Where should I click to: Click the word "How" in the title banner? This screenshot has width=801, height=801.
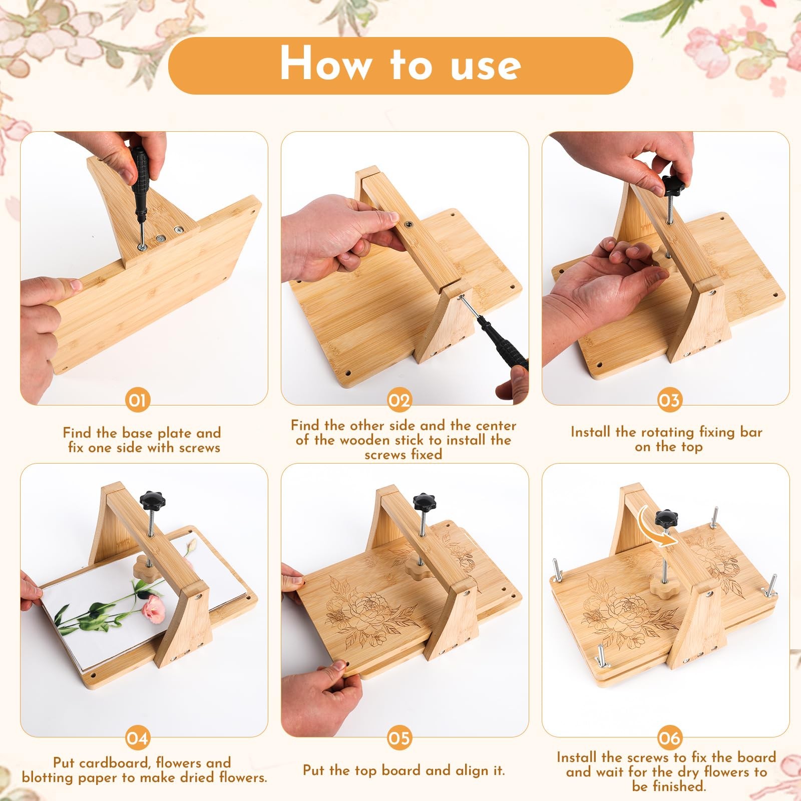coord(326,64)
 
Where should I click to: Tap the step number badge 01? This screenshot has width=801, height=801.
coord(137,400)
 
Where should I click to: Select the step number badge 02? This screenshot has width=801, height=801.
coord(399,400)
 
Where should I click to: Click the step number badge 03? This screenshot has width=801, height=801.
coord(669,400)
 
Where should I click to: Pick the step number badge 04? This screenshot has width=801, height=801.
coord(137,738)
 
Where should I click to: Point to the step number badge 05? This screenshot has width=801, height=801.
coord(399,738)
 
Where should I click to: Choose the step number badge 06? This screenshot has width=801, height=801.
coord(669,738)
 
